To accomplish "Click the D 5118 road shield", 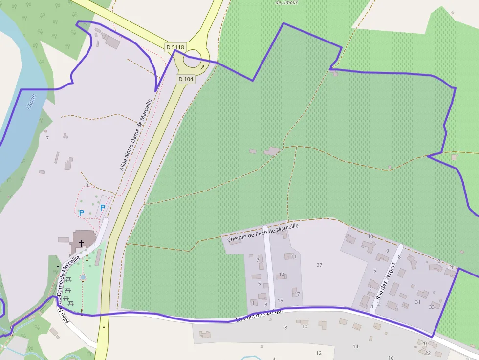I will coord(175,47).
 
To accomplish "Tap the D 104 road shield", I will coord(186,79).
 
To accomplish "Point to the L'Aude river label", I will coord(30,102).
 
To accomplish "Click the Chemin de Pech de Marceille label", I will coord(262,233).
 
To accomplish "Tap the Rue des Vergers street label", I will coord(386,277).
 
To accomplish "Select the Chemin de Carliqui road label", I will coord(259,316).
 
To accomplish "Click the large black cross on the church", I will coord(81,243).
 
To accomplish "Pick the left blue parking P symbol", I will coord(82,213).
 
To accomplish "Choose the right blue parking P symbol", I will coord(103,208).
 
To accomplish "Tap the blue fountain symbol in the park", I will coord(83,277).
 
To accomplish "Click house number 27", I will coord(319,265).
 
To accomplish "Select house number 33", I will coord(432,307).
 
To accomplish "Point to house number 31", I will coord(418,302).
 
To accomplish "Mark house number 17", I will coord(297,294).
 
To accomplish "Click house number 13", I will coord(282,274).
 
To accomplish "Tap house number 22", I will coord(428,353).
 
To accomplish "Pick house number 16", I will coord(391,358).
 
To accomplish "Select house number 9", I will coord(387,251).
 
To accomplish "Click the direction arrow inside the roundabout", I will coord(203,67).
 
